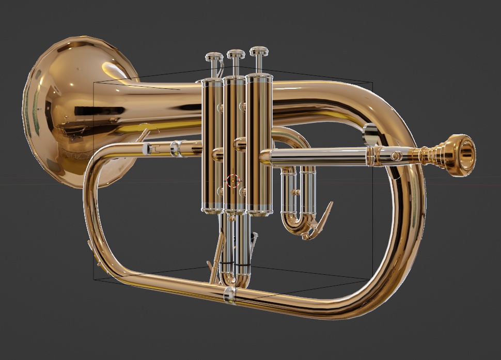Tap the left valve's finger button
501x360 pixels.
(213, 57)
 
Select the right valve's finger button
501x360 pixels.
(259, 51)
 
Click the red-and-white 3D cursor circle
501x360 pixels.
(233, 181)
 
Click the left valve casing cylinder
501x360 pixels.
(212, 145)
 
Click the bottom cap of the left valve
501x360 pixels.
(212, 209)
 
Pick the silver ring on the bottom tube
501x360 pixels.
(229, 295)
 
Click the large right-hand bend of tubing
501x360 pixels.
(408, 207)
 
